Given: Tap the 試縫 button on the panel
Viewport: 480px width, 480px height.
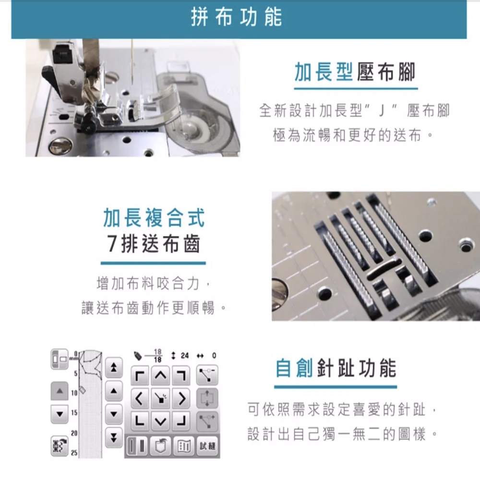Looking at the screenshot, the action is click(207, 446).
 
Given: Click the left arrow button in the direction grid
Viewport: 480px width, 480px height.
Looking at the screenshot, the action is click(140, 398).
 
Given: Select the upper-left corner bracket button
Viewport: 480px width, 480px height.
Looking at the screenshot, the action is click(140, 376).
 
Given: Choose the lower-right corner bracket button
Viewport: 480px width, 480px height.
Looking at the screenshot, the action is click(181, 421).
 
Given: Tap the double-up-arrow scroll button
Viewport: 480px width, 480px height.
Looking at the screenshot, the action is click(114, 367).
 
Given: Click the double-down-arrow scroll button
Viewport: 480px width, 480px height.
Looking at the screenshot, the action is click(114, 438).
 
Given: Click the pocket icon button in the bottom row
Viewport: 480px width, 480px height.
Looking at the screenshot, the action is click(161, 446).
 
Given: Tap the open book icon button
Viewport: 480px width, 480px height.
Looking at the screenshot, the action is click(184, 446).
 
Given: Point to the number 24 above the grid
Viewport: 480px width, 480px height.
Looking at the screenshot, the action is click(185, 356).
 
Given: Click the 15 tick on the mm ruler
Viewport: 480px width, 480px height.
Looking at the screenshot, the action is click(74, 412).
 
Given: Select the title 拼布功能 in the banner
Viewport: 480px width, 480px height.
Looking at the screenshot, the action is click(236, 17).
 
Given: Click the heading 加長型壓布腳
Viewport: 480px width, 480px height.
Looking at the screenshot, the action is click(355, 72).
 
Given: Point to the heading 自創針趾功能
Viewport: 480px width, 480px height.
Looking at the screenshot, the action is click(336, 368).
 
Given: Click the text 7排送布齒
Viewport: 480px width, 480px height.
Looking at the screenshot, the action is click(154, 244).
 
